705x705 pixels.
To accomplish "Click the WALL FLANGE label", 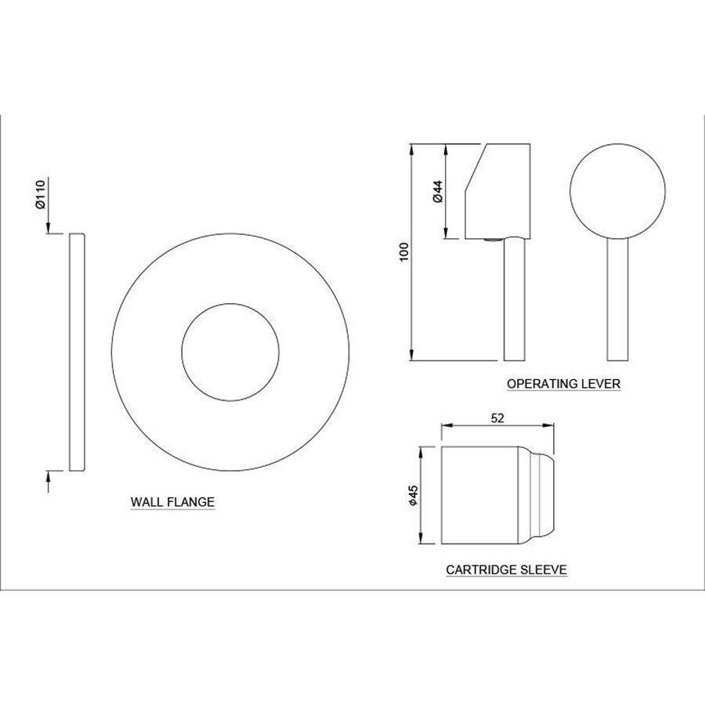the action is click(x=172, y=502).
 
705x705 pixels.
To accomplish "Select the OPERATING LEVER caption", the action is click(x=564, y=384).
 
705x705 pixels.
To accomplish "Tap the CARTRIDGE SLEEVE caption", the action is click(x=506, y=570).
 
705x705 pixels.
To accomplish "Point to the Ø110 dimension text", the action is click(x=41, y=194).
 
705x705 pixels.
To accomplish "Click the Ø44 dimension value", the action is click(x=437, y=191).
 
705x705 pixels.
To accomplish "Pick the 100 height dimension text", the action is click(x=403, y=251).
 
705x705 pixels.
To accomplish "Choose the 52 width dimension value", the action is click(x=497, y=418).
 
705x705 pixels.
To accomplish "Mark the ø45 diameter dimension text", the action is click(x=413, y=494).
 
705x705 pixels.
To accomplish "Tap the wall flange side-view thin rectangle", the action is click(x=77, y=352).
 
